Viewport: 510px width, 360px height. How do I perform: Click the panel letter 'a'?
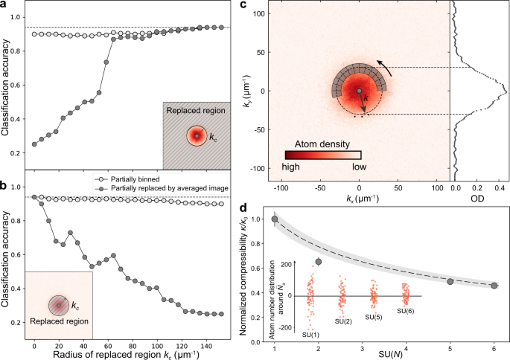tap(6, 7)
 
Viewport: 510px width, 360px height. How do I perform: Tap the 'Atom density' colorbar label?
tap(322, 140)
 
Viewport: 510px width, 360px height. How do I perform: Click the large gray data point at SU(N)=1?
tap(275, 219)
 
